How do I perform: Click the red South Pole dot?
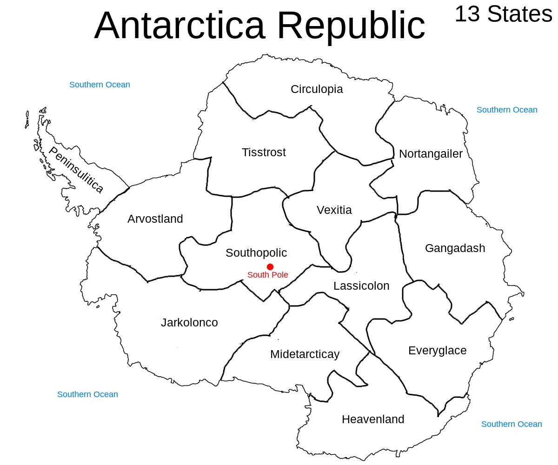pyautogui.click(x=270, y=266)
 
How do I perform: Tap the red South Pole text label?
pyautogui.click(x=267, y=275)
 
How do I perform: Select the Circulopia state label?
pyautogui.click(x=317, y=89)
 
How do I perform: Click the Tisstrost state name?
pyautogui.click(x=264, y=152)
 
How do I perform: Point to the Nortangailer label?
pyautogui.click(x=431, y=153)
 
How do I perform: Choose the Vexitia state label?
pyautogui.click(x=334, y=210)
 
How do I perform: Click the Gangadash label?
pyautogui.click(x=455, y=248)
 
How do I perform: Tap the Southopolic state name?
pyautogui.click(x=256, y=252)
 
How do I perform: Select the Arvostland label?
pyautogui.click(x=155, y=219)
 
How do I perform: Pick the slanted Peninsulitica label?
pyautogui.click(x=76, y=170)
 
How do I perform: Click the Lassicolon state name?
pyautogui.click(x=361, y=286)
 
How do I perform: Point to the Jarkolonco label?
pyautogui.click(x=189, y=322)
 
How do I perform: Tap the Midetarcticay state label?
pyautogui.click(x=305, y=354)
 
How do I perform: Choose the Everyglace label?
pyautogui.click(x=437, y=350)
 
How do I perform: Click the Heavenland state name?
pyautogui.click(x=373, y=419)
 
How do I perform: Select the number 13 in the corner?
pyautogui.click(x=467, y=14)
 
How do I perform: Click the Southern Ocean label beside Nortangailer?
pyautogui.click(x=507, y=110)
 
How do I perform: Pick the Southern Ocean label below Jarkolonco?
pyautogui.click(x=87, y=394)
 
